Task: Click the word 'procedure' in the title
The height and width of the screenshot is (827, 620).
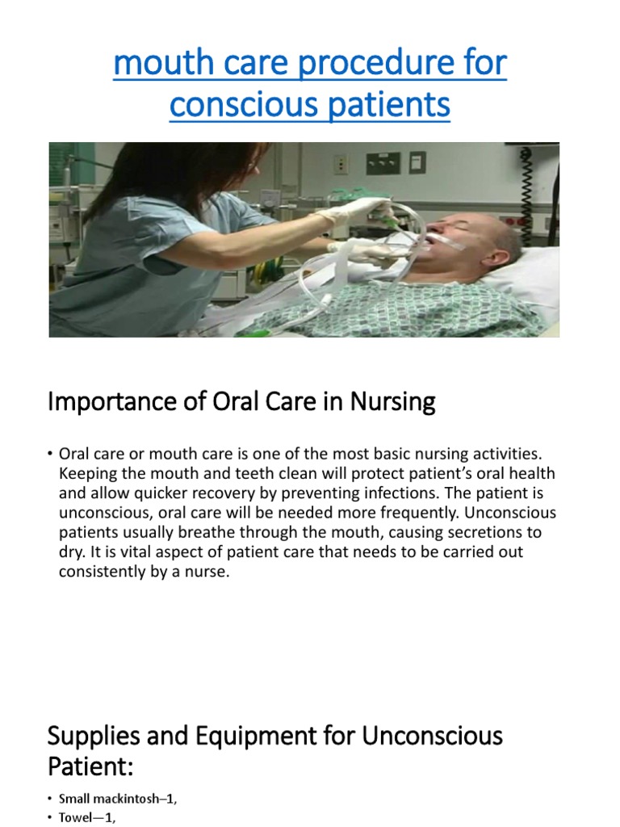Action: (376, 63)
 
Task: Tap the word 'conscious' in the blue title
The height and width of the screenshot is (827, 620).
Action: (245, 105)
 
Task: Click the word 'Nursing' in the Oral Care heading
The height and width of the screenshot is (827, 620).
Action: (393, 402)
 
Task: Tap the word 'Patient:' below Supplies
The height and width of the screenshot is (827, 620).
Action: (90, 766)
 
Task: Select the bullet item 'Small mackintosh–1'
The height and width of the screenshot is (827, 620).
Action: (118, 799)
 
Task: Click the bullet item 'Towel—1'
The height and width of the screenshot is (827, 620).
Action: (87, 817)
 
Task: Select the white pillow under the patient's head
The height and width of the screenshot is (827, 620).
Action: (533, 275)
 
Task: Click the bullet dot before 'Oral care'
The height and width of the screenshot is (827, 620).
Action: (50, 454)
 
